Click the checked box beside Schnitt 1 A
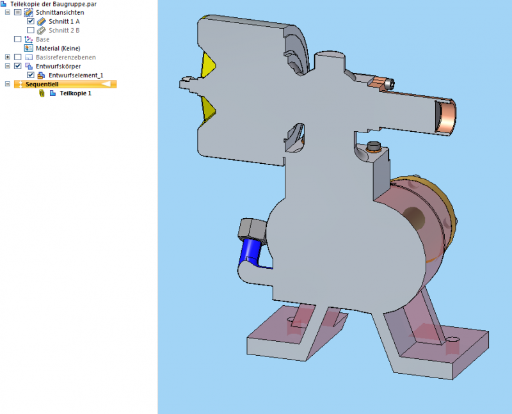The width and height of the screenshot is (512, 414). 31,21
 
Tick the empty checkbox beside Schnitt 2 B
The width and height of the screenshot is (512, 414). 31,30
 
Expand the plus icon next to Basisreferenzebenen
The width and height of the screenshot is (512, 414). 8,57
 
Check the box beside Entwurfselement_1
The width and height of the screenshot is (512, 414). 31,75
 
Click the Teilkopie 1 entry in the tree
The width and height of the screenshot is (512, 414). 75,93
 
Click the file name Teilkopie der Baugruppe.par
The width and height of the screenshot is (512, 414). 44,4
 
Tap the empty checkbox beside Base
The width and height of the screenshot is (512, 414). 18,39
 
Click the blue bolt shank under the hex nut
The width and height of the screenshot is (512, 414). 248,252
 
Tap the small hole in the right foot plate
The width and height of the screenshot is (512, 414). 453,340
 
